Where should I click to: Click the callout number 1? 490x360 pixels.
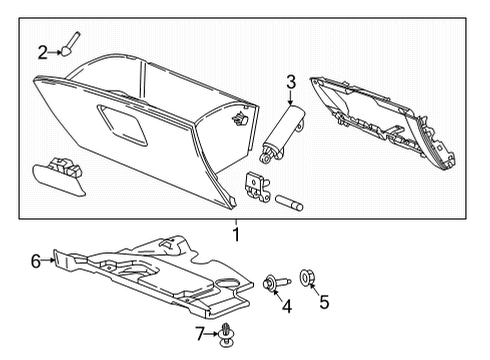[236, 235]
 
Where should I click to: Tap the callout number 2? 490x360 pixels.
[42, 53]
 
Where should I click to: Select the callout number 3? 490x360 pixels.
[290, 81]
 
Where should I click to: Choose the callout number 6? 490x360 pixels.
[36, 261]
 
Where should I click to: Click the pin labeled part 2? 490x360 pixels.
[72, 46]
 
